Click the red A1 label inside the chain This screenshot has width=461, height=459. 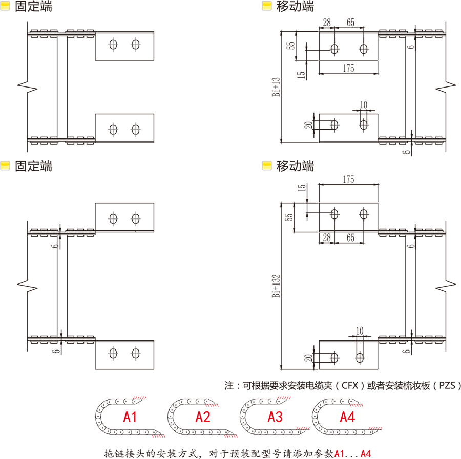point(131,417)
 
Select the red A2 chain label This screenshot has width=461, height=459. point(203,417)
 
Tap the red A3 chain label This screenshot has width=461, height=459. point(275,417)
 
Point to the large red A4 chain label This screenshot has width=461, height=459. point(347,417)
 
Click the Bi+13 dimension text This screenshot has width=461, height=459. point(276,86)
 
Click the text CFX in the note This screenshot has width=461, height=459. point(349,386)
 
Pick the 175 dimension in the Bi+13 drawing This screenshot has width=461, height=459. point(348,69)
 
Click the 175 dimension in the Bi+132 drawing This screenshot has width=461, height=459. point(348,179)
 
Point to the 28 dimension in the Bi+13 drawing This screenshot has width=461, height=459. point(326,23)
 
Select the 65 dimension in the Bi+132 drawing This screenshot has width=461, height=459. point(350,238)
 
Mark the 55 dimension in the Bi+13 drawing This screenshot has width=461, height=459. point(291,45)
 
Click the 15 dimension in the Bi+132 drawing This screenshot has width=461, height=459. point(302,189)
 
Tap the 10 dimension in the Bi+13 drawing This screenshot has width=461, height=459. point(363,105)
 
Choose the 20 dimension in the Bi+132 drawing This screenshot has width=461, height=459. point(309,358)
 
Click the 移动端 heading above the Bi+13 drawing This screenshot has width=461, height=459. point(295,7)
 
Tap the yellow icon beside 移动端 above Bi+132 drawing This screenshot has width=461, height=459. point(266,166)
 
